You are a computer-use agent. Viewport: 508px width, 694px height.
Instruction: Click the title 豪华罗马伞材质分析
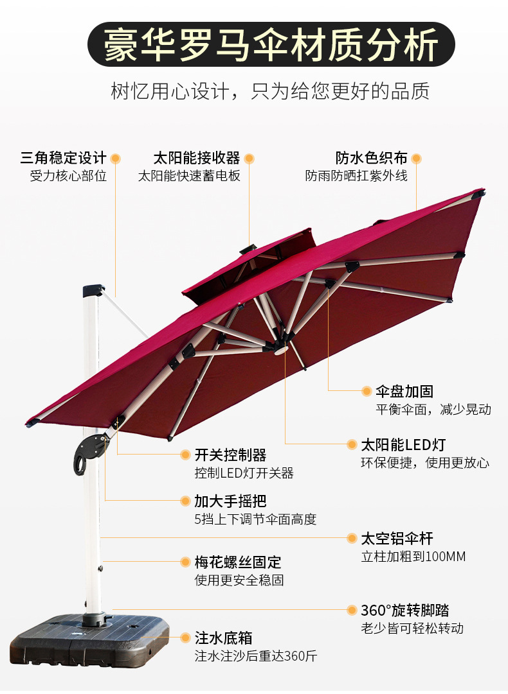pyautogui.click(x=271, y=44)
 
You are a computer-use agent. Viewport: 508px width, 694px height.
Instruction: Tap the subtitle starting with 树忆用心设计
pyautogui.click(x=270, y=91)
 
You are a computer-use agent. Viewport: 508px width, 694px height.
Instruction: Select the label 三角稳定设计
pyautogui.click(x=63, y=158)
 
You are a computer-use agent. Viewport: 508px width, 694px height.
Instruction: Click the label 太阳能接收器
pyautogui.click(x=196, y=158)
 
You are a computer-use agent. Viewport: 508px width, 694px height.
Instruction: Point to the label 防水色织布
pyautogui.click(x=371, y=158)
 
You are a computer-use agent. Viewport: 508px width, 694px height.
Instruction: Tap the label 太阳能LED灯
pyautogui.click(x=403, y=445)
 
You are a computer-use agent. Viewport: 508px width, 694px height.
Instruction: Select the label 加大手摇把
pyautogui.click(x=230, y=501)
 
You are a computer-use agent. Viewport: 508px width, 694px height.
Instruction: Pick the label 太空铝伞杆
pyautogui.click(x=397, y=539)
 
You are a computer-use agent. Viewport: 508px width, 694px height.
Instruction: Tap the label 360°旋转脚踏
pyautogui.click(x=404, y=611)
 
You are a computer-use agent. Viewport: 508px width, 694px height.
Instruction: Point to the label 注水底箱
pyautogui.click(x=223, y=638)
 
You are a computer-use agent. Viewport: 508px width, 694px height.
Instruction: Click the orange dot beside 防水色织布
pyautogui.click(x=416, y=158)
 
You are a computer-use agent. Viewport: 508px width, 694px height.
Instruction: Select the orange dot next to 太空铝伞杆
pyautogui.click(x=352, y=539)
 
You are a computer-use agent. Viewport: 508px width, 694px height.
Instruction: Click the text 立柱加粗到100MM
pyautogui.click(x=413, y=557)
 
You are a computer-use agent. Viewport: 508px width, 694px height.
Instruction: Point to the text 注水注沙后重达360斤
pyautogui.click(x=255, y=656)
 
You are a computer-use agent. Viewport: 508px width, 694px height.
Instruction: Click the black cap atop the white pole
pyautogui.click(x=93, y=291)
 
